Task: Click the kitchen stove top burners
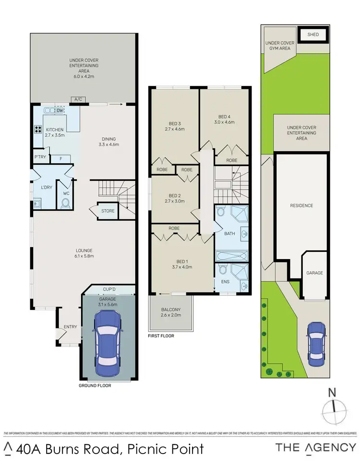[x=37, y=129]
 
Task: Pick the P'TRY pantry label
[x=39, y=157]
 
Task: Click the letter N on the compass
[x=331, y=392]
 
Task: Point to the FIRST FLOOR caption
[x=161, y=336]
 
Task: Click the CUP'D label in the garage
[x=109, y=289]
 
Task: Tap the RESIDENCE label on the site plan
[x=301, y=205]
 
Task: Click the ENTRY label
[x=70, y=327]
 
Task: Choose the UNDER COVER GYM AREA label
[x=278, y=46]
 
